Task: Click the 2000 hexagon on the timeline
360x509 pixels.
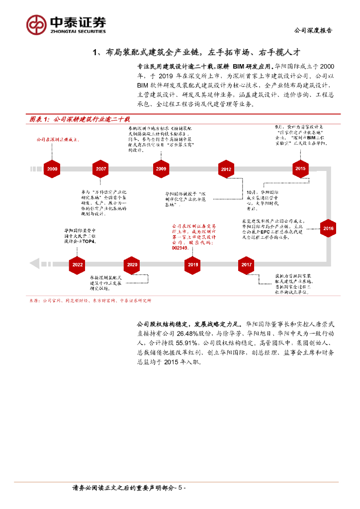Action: (x=52, y=169)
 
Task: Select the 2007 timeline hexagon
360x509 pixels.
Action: (x=101, y=169)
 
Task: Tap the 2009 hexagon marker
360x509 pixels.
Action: (x=161, y=169)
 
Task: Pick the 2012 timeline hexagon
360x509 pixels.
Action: (x=226, y=170)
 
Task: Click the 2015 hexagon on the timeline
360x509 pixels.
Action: (x=300, y=169)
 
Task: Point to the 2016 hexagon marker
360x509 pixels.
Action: (x=328, y=229)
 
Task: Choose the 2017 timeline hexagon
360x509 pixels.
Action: (x=247, y=265)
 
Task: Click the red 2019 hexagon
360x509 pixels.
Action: (x=193, y=265)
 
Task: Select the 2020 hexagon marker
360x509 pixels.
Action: (x=132, y=265)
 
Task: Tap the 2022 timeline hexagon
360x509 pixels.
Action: (x=78, y=265)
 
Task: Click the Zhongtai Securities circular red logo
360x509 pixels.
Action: (x=36, y=24)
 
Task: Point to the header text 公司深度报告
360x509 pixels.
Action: (x=314, y=30)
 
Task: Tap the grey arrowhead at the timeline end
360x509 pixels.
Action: (x=34, y=264)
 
